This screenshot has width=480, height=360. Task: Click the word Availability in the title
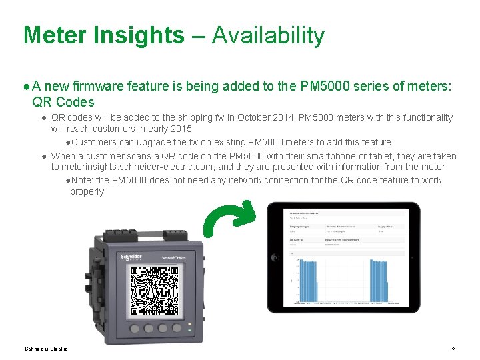pos(268,35)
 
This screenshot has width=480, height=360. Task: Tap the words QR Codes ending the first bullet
pos(63,103)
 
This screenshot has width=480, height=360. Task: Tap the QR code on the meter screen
pos(154,291)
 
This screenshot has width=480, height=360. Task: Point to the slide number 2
pos(453,349)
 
